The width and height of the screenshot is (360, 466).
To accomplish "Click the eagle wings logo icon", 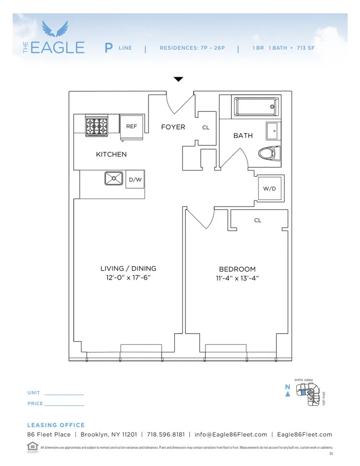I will (55, 29).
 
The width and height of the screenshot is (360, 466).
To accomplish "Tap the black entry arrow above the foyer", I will (178, 80).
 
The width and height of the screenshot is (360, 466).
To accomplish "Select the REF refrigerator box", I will (131, 126).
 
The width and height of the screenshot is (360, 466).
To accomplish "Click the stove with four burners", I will (96, 126).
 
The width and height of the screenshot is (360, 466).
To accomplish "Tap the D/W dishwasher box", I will (135, 179).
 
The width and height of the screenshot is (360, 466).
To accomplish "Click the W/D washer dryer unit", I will (270, 189).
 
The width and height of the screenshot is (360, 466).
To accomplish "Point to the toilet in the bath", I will (269, 153).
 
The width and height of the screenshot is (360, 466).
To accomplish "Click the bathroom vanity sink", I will (274, 131).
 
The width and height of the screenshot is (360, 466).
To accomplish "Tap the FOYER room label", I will (173, 127).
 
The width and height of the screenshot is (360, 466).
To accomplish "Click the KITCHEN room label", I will (111, 154).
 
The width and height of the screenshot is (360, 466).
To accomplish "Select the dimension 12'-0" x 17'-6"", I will (129, 278).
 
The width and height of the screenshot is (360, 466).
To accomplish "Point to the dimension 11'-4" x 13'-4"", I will (238, 278).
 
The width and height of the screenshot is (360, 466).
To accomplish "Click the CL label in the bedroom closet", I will (258, 220).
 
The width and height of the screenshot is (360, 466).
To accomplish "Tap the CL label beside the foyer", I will (206, 127).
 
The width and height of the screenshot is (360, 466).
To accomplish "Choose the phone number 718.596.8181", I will (166, 434).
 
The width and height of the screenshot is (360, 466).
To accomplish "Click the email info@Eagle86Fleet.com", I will (231, 434).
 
